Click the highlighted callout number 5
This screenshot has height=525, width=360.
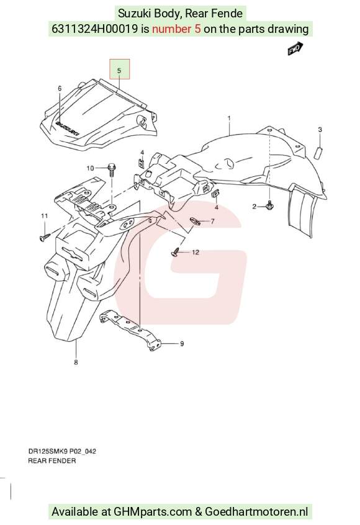(119, 70)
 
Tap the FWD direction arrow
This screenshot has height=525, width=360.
(295, 48)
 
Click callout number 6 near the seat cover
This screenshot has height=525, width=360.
(60, 88)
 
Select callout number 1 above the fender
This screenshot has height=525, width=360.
(229, 118)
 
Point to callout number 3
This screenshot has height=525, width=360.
(320, 129)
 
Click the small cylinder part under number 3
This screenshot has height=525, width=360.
(318, 153)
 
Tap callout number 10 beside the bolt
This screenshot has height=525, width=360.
(91, 168)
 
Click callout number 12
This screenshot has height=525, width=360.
(196, 252)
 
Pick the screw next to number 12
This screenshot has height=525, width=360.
(176, 252)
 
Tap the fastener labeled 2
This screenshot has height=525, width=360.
(269, 205)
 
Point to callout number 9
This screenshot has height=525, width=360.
(182, 344)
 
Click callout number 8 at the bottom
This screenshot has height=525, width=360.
(76, 362)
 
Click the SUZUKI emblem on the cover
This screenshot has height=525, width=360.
(68, 129)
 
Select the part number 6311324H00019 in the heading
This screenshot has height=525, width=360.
(95, 29)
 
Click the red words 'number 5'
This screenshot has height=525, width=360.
(176, 29)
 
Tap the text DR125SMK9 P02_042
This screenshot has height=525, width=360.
(62, 451)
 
